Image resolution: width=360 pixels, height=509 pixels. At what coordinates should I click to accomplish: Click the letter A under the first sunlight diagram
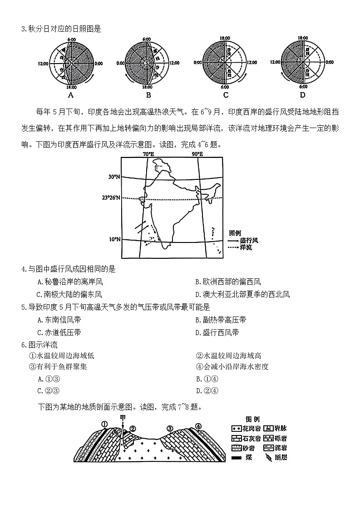[x=70, y=95]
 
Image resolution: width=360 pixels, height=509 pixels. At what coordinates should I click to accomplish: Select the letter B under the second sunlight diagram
[x=148, y=95]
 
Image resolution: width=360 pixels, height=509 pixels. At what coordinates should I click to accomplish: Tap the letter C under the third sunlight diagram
[x=226, y=95]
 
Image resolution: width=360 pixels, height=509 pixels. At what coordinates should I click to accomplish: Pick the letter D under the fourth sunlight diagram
[x=303, y=95]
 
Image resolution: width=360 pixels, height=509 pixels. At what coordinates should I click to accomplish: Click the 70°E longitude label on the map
[x=148, y=154]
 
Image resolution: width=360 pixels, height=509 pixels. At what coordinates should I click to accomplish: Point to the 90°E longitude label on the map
[x=197, y=154]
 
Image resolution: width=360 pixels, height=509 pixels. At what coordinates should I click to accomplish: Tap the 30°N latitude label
[x=114, y=177]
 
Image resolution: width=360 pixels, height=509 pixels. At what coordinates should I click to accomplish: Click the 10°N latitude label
[x=114, y=239]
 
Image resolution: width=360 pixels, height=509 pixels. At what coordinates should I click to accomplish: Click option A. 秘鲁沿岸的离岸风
[x=72, y=282]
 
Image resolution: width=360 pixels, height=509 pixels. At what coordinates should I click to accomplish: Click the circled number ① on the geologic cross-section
[x=104, y=425]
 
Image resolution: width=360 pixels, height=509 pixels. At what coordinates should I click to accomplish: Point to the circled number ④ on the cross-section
[x=198, y=426]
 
